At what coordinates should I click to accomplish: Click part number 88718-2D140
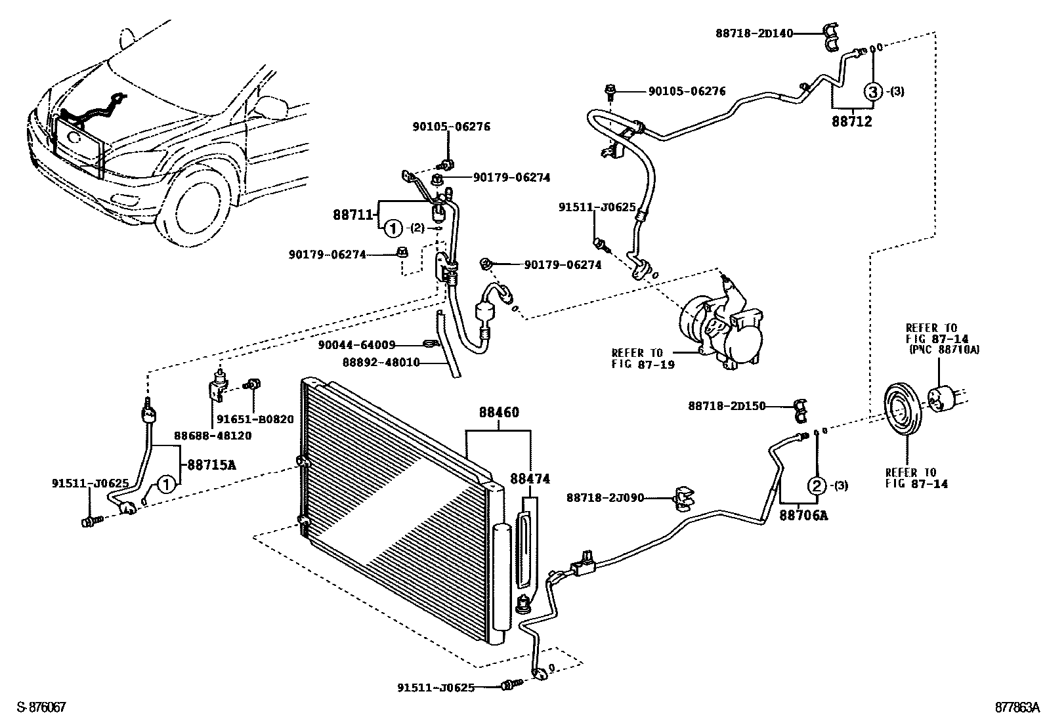pos(754,31)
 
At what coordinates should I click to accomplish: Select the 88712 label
pos(852,121)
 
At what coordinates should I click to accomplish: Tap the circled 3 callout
pos(874,92)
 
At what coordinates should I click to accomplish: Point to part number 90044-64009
pos(356,344)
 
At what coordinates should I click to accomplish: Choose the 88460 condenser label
pos(499,413)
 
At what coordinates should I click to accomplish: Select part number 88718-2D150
pos(727,406)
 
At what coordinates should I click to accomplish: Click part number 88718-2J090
pos(605,499)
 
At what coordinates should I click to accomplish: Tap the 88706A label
pos(803,516)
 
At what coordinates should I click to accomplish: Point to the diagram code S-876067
pos(41,707)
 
